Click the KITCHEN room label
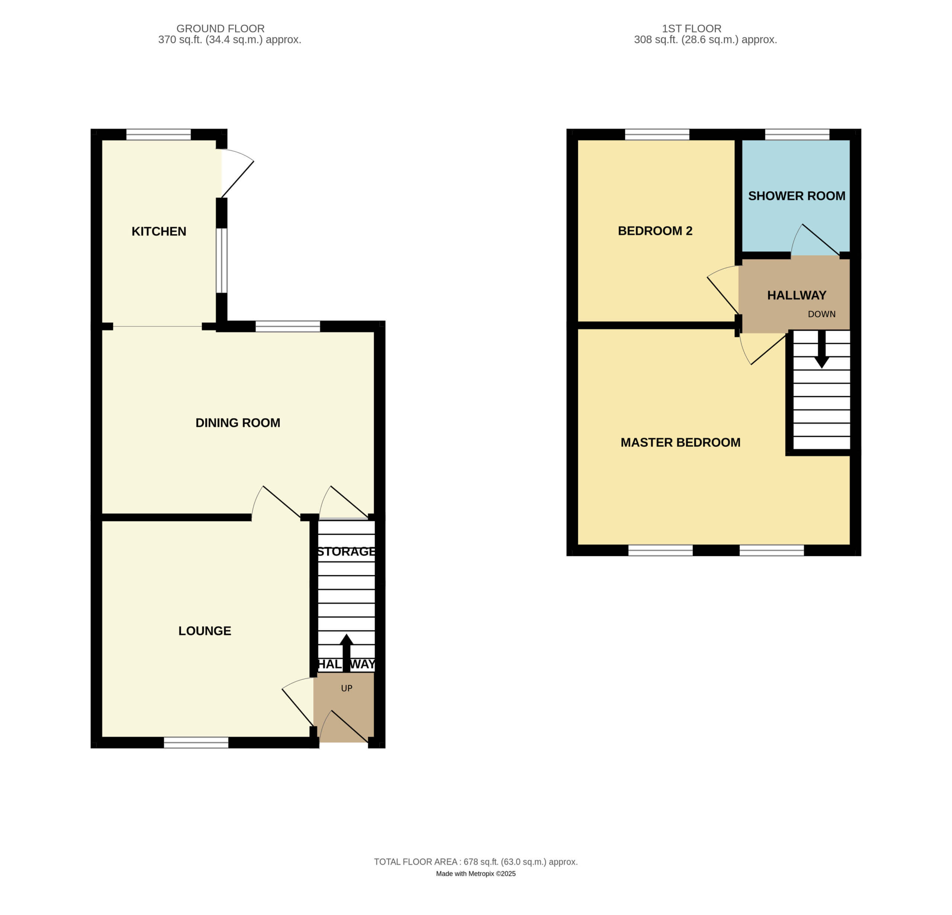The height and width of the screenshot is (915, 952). pyautogui.click(x=159, y=231)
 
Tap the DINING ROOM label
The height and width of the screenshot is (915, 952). pyautogui.click(x=238, y=423)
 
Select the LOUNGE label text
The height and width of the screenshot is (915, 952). pyautogui.click(x=205, y=631)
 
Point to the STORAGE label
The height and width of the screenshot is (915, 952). pyautogui.click(x=346, y=551)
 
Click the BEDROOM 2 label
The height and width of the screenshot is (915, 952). pyautogui.click(x=655, y=231)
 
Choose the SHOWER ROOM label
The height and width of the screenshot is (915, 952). pyautogui.click(x=797, y=196)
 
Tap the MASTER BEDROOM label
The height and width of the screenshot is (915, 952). pyautogui.click(x=681, y=442)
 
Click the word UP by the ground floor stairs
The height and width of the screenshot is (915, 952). pyautogui.click(x=347, y=688)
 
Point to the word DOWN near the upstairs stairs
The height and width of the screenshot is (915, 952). pyautogui.click(x=822, y=314)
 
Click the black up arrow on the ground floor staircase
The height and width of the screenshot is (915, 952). pyautogui.click(x=346, y=653)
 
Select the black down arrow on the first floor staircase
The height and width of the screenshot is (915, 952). pyautogui.click(x=822, y=349)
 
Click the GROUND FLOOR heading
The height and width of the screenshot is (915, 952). pyautogui.click(x=221, y=29)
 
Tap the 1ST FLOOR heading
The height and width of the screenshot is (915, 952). pyautogui.click(x=692, y=29)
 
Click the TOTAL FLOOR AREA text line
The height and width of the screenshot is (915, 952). pyautogui.click(x=476, y=861)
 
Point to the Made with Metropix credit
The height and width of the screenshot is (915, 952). pyautogui.click(x=476, y=873)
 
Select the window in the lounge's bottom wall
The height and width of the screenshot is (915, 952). pyautogui.click(x=196, y=742)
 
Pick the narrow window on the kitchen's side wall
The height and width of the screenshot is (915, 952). pyautogui.click(x=222, y=260)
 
